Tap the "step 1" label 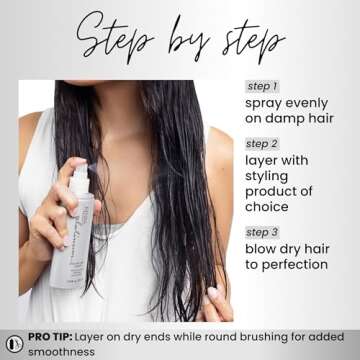(x=263, y=86)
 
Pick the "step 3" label (x=263, y=233)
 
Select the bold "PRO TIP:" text (x=55, y=338)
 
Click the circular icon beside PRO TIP (x=14, y=343)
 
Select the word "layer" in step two (x=266, y=156)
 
